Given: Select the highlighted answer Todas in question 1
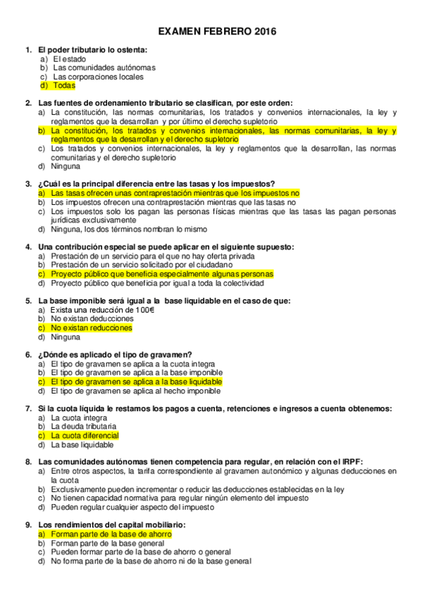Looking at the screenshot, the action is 64,85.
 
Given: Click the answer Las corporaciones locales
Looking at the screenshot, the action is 98,77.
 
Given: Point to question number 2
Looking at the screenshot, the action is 28,103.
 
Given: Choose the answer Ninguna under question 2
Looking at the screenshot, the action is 66,166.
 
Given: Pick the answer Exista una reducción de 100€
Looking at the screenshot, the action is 103,310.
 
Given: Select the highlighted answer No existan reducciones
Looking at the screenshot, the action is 92,327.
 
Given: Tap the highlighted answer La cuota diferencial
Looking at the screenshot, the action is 85,435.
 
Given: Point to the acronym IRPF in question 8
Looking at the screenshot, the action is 350,462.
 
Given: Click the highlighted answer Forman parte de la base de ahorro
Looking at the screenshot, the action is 112,534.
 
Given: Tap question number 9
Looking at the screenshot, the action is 28,524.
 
